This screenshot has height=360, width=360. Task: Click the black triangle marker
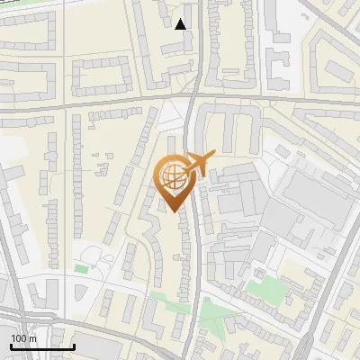pyautogui.click(x=181, y=23)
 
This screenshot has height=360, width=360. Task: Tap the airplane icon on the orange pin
pyautogui.click(x=200, y=165)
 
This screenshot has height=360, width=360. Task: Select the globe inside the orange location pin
pyautogui.click(x=172, y=175)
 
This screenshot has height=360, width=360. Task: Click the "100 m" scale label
pyautogui.click(x=23, y=338)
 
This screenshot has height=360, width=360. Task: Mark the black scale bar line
pyautogui.click(x=41, y=346)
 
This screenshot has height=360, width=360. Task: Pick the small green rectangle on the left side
pyautogui.click(x=82, y=267)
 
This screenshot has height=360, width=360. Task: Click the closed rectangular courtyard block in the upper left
pyautogui.click(x=101, y=76)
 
